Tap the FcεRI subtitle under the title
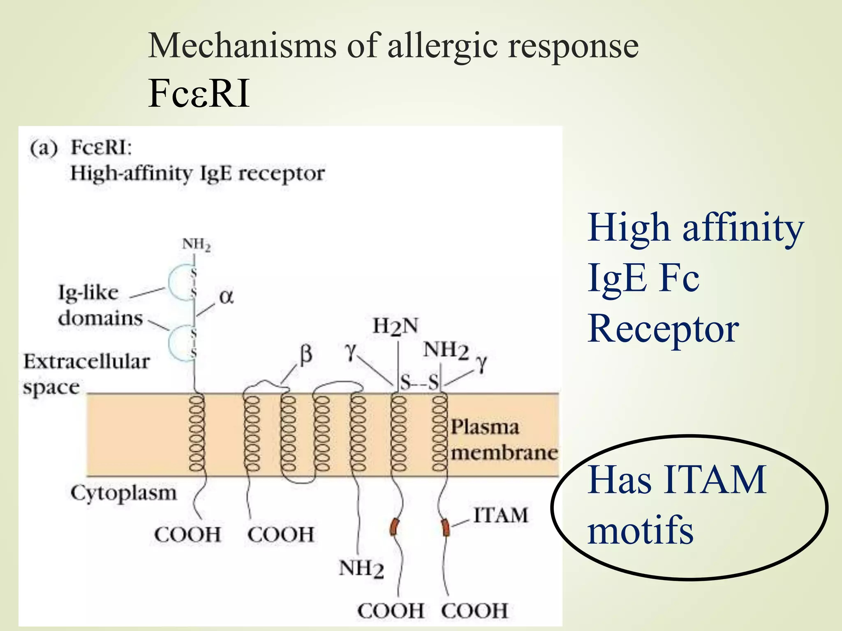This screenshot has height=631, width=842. [199, 94]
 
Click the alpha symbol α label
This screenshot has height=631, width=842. [227, 297]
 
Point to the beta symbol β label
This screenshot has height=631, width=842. [306, 354]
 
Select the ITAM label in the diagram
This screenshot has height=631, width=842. [500, 515]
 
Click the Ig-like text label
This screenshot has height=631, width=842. [88, 293]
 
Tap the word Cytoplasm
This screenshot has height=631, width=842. [123, 493]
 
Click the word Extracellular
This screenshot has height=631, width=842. [86, 362]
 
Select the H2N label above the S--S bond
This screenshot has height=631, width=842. [396, 326]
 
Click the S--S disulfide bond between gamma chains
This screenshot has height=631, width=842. [419, 383]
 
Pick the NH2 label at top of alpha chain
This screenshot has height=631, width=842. [196, 244]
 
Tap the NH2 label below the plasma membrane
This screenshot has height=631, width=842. [361, 569]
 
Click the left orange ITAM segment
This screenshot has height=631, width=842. [394, 527]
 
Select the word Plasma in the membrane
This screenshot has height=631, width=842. [485, 427]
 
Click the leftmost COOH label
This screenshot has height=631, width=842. [188, 535]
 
